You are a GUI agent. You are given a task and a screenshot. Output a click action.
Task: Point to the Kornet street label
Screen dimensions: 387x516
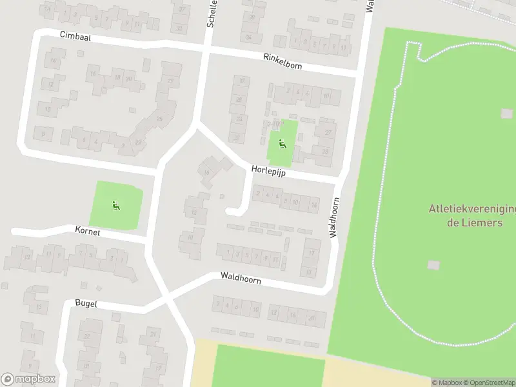click(x=87, y=230)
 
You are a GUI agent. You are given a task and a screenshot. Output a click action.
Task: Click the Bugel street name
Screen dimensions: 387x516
click(x=86, y=303)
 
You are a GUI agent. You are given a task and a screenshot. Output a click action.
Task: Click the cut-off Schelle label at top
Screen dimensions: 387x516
click(x=210, y=13)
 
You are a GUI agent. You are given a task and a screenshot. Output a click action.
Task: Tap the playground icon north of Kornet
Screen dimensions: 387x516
click(x=115, y=206)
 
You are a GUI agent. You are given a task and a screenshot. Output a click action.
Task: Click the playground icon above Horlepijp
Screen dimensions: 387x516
click(x=282, y=143)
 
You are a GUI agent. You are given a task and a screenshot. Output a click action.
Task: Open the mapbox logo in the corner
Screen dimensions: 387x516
click(x=28, y=379)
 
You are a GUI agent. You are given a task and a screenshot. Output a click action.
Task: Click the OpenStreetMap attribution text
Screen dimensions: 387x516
click(x=483, y=382)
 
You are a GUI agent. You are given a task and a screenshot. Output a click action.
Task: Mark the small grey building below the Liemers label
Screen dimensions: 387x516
click(x=433, y=264)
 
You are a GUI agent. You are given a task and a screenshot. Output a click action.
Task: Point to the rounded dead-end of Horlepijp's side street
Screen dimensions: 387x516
click(x=232, y=210)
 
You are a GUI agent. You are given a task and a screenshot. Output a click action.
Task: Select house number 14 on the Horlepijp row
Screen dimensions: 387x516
click(x=314, y=205)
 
